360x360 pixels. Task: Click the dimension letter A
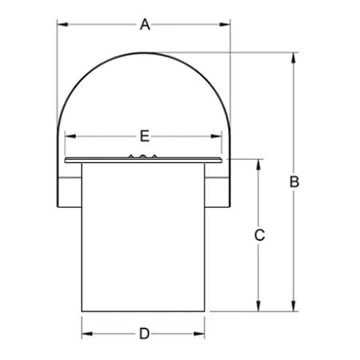(145, 25)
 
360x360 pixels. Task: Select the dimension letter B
(294, 182)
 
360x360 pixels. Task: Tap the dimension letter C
(258, 235)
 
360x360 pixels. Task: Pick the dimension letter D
(144, 333)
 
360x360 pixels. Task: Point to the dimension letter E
(144, 135)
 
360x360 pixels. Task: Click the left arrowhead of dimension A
(61, 25)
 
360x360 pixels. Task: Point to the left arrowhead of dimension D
(86, 333)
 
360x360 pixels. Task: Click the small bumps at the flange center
(142, 156)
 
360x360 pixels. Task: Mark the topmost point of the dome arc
(144, 54)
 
